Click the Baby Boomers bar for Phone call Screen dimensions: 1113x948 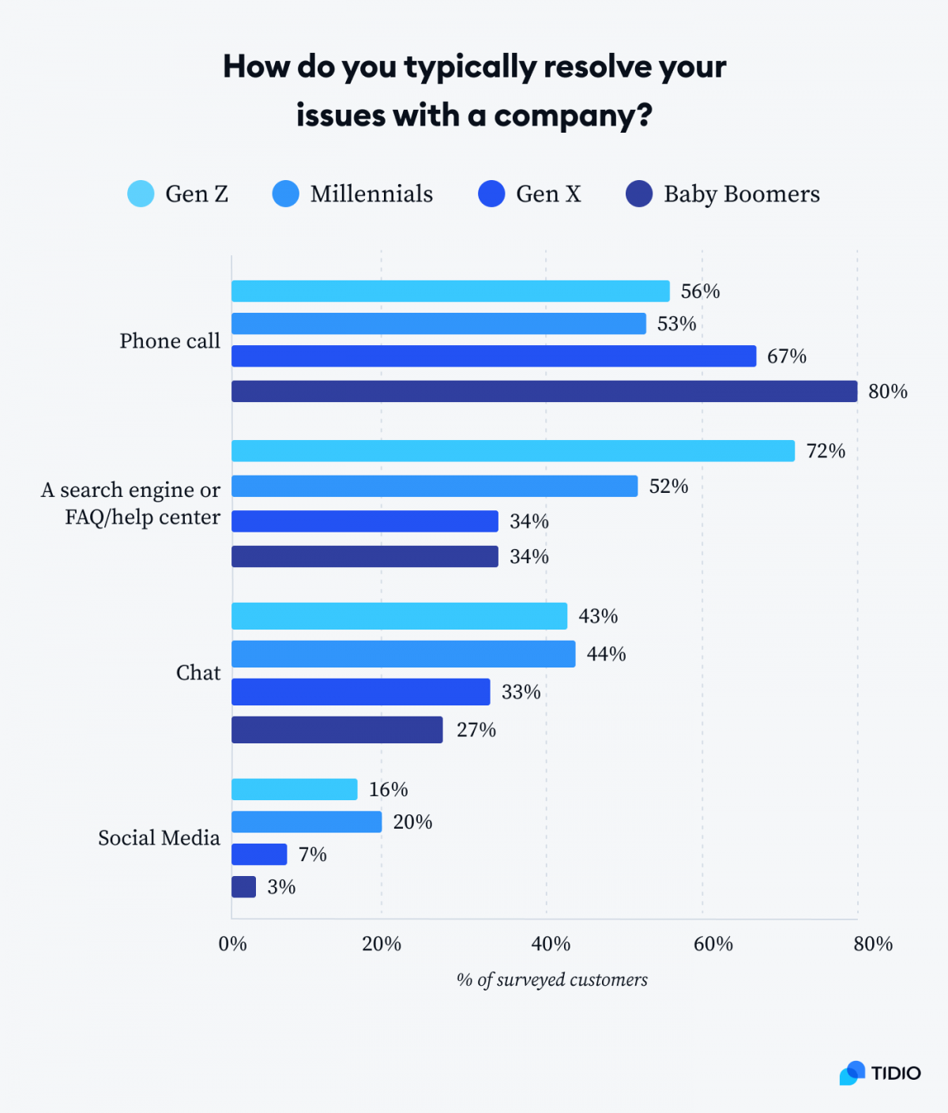click(544, 391)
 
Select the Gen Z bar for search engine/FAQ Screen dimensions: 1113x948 click(513, 451)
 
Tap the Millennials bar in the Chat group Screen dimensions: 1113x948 click(403, 654)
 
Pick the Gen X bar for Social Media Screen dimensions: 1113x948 click(259, 854)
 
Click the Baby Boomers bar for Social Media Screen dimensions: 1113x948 click(243, 886)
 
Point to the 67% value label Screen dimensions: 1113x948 click(786, 356)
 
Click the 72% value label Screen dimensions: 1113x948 click(826, 451)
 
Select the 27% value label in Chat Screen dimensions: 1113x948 click(476, 730)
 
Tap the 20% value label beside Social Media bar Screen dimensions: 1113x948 click(412, 822)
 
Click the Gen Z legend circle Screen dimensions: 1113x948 click(141, 194)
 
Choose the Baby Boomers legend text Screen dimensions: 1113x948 click(741, 194)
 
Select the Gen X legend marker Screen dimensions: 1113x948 click(491, 194)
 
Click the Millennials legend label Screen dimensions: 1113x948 click(371, 194)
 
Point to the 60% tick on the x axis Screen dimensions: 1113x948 click(713, 944)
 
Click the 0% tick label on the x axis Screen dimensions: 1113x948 click(232, 944)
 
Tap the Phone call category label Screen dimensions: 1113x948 click(170, 341)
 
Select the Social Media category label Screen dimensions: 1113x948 click(159, 838)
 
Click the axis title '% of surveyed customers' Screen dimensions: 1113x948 click(551, 980)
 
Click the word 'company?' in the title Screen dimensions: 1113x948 click(573, 116)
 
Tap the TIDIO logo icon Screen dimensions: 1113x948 click(852, 1073)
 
